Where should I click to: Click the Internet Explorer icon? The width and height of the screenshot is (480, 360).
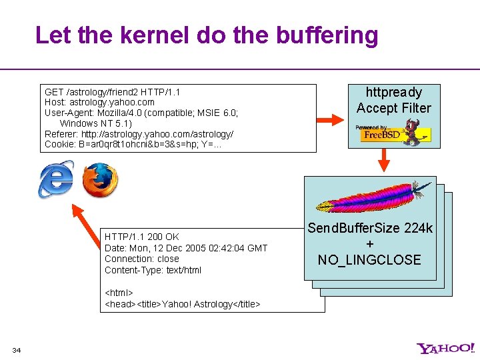point(56,180)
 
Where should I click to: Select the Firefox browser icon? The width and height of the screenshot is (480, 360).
point(100,180)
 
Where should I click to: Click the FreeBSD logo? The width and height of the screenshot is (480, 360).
point(393,133)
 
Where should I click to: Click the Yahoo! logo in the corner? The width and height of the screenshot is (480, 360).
point(446,348)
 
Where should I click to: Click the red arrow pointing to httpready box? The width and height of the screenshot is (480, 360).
point(329,119)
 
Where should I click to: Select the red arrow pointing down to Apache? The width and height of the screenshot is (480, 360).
point(384,159)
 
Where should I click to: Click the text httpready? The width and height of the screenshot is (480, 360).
point(393,92)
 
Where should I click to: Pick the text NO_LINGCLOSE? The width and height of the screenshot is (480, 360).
point(369,260)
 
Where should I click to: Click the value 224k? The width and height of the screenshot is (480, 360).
point(418,228)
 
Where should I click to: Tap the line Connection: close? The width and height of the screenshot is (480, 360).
point(142,259)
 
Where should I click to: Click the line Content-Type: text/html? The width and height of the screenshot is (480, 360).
point(153,270)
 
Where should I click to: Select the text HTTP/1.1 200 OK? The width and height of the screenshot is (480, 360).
point(142,237)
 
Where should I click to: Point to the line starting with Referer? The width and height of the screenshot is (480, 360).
point(139,134)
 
